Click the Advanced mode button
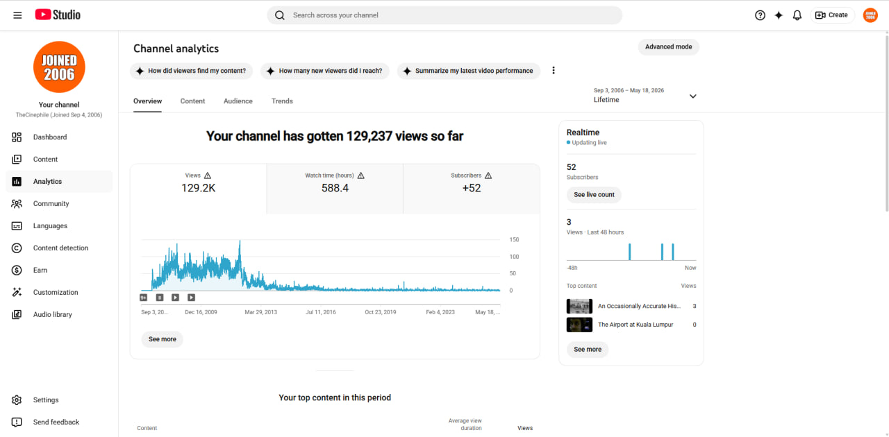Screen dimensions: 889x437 668,46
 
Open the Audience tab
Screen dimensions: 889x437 238,101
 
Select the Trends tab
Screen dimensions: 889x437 282,101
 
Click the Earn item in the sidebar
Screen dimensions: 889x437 40,270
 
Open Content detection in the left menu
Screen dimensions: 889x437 60,248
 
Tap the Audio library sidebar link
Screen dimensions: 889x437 52,314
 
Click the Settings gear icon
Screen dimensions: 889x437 17,400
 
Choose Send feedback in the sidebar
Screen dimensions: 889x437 56,422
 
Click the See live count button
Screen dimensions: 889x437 594,195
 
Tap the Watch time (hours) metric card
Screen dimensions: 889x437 335,189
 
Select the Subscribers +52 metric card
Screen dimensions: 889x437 472,189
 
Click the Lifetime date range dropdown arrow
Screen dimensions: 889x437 693,96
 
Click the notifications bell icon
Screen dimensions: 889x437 797,15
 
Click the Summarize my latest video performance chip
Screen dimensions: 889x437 469,71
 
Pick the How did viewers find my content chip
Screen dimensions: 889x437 191,71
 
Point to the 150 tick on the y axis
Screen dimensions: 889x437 514,239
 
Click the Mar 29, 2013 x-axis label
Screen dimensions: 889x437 260,312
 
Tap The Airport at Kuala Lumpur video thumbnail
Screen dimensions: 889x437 579,325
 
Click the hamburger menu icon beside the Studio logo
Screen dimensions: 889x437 17,15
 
